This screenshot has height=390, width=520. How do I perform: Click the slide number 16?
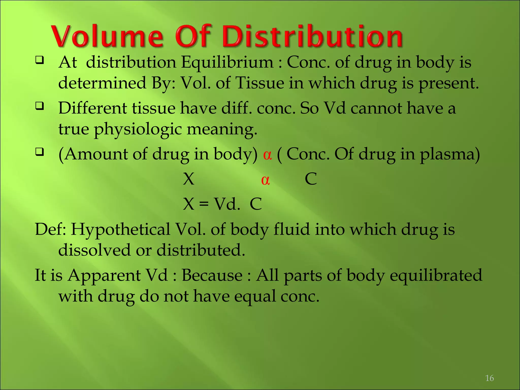click(x=489, y=378)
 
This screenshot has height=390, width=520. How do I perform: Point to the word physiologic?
click(x=138, y=129)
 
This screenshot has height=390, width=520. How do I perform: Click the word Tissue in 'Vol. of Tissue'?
click(x=260, y=83)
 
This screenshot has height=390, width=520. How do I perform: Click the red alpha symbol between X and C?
click(x=265, y=180)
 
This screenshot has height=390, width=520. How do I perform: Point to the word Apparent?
click(x=104, y=275)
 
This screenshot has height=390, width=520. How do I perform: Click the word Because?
click(x=212, y=275)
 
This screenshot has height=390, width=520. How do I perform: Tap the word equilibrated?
click(x=436, y=275)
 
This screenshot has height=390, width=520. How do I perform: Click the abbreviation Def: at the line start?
click(x=50, y=230)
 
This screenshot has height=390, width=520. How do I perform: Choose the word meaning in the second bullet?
click(x=222, y=129)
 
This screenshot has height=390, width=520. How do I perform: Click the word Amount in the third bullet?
click(x=96, y=154)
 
